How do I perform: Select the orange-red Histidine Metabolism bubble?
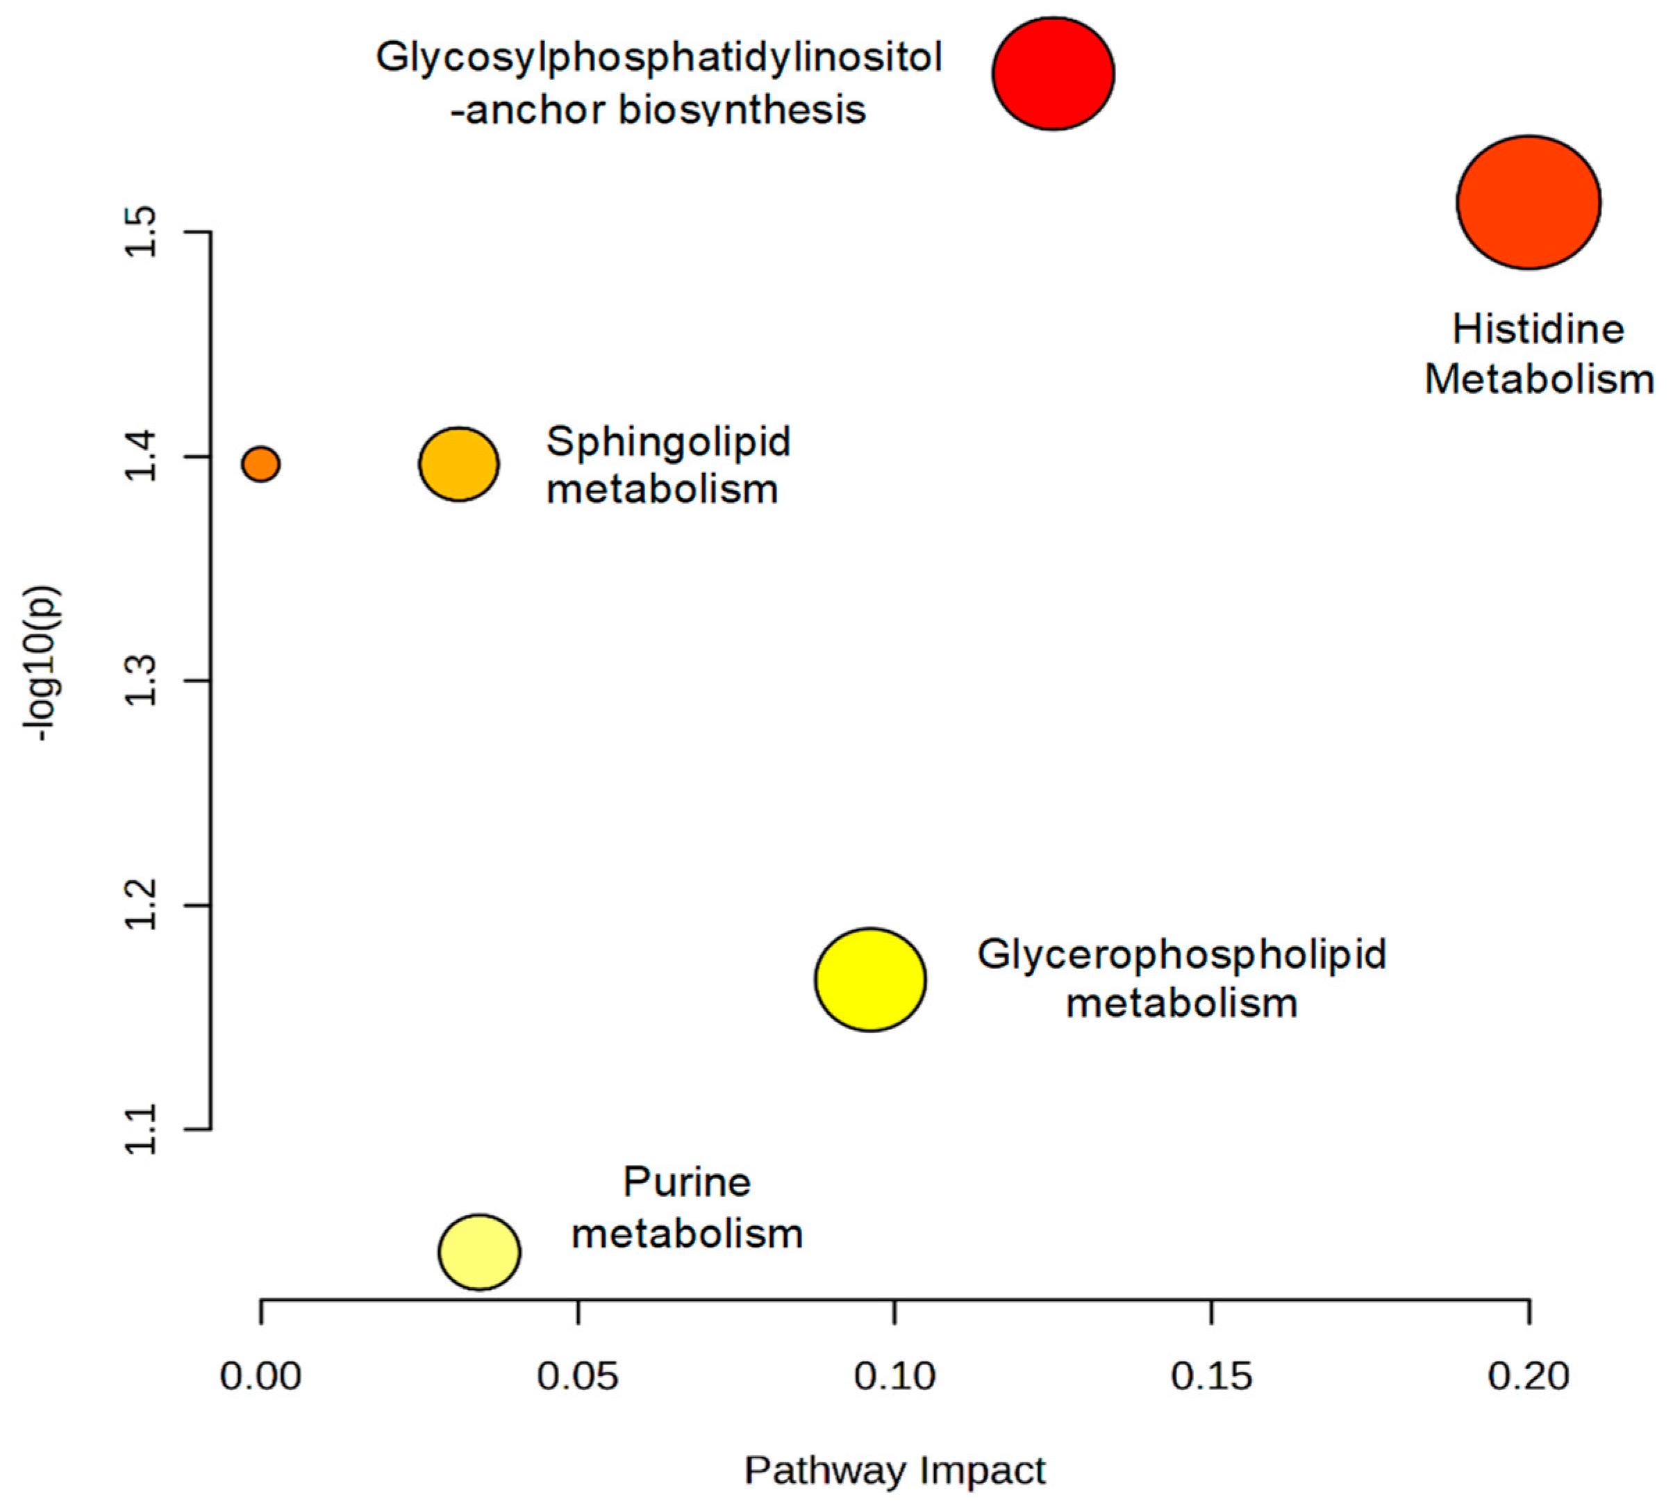tap(1529, 202)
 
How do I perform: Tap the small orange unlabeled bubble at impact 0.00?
tap(260, 464)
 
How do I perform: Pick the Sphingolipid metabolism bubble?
tap(458, 464)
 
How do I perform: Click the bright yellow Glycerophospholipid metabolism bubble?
tap(869, 979)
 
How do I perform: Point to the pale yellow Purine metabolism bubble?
tap(479, 1252)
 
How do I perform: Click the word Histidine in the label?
tap(1538, 329)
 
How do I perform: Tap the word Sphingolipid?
tap(667, 441)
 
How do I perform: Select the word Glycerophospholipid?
tap(1181, 953)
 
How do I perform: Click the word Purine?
tap(687, 1182)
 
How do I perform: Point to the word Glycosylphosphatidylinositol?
tap(658, 58)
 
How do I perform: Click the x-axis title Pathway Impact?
tap(894, 1471)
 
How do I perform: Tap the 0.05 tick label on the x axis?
tap(578, 1376)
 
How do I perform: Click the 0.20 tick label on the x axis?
tap(1529, 1376)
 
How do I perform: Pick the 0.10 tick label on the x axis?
tap(894, 1376)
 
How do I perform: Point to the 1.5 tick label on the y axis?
tap(142, 232)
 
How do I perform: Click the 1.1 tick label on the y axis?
tap(142, 1129)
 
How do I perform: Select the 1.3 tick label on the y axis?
tap(142, 681)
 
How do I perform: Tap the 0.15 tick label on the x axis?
tap(1211, 1376)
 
